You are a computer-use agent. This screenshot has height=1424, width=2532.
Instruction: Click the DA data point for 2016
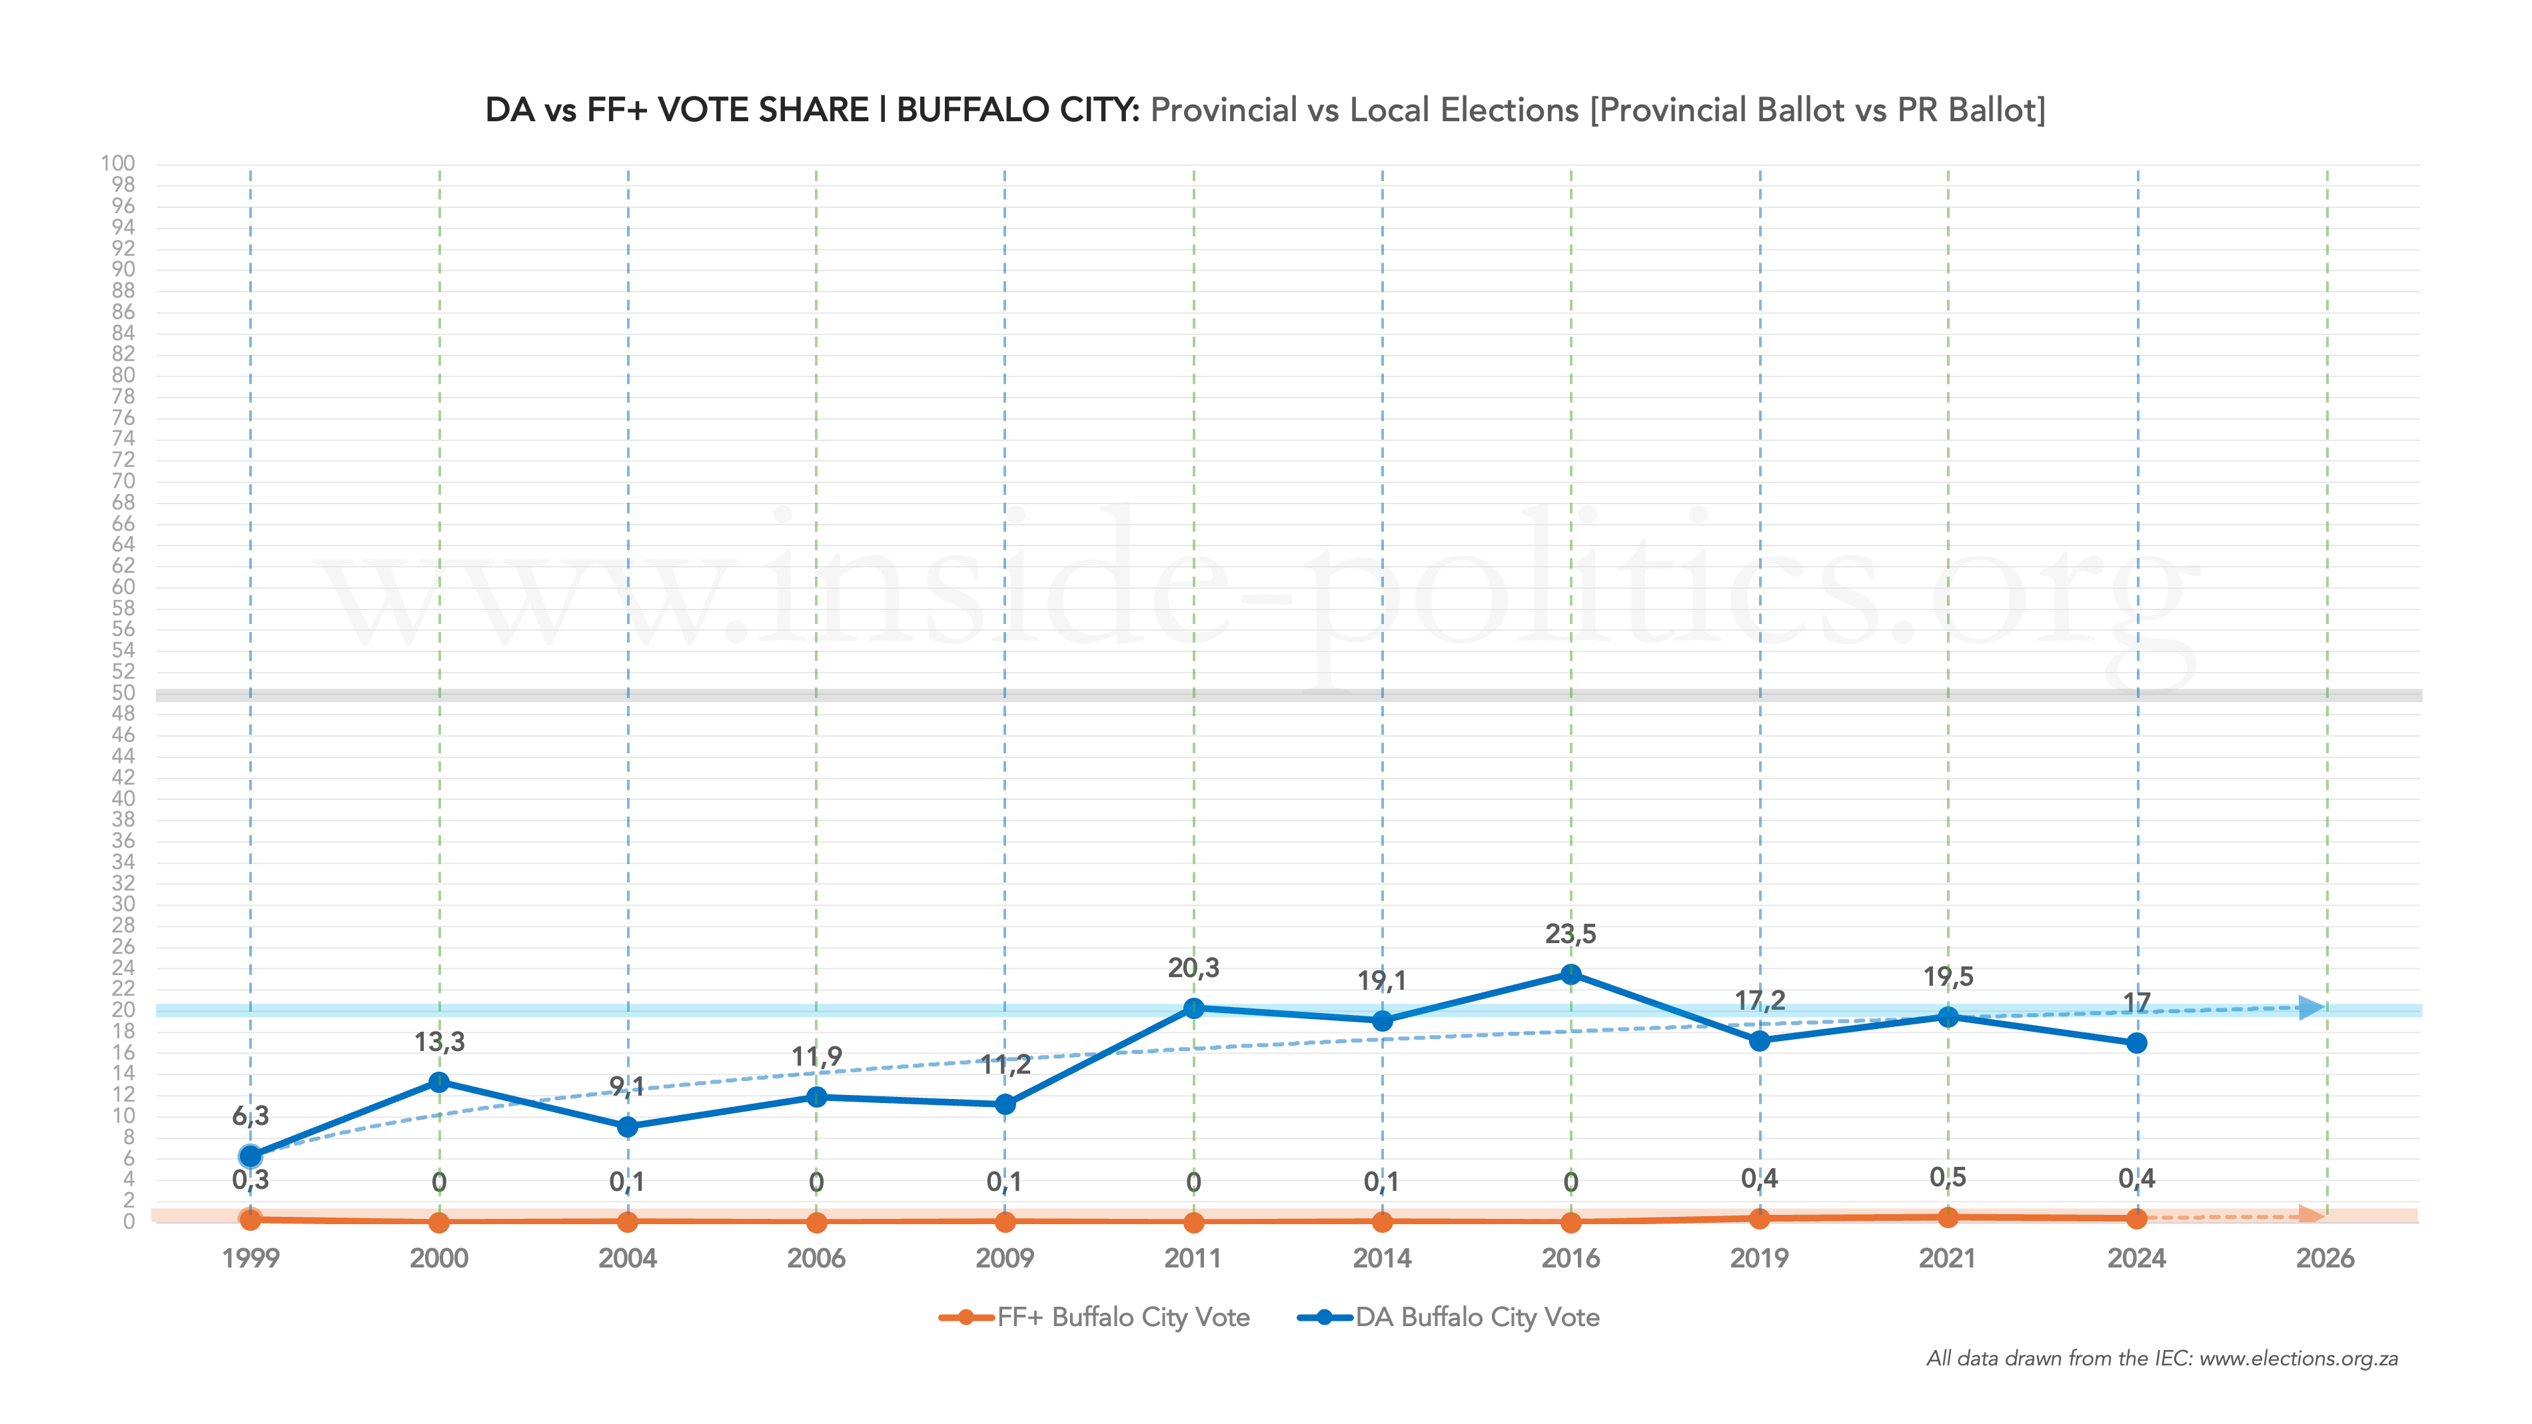point(1571,974)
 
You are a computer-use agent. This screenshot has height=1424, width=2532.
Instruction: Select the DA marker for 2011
point(1193,1008)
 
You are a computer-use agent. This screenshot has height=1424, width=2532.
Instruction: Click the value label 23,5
point(1571,934)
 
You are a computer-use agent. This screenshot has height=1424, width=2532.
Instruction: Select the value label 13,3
point(439,1042)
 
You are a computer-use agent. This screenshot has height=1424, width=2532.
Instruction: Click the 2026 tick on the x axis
point(2325,1258)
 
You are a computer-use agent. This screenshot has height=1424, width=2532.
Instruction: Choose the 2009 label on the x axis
point(1005,1258)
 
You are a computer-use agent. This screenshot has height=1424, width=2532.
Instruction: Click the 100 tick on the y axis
point(118,163)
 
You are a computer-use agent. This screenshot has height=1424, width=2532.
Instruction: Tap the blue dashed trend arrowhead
point(2312,1007)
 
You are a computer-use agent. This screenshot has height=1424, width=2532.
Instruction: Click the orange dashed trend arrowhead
point(2312,1216)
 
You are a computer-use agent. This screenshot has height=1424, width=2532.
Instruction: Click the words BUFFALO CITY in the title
point(1018,110)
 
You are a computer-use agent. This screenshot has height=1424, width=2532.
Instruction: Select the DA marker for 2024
point(2136,1043)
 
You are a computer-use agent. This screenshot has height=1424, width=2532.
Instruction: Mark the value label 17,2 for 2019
point(1760,1000)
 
